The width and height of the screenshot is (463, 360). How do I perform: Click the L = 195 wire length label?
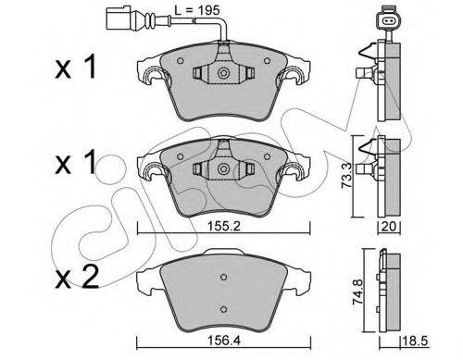point(197,10)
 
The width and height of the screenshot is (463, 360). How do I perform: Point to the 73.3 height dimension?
point(345,176)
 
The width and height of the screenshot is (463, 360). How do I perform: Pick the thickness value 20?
point(389,227)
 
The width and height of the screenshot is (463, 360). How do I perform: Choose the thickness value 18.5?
point(415,341)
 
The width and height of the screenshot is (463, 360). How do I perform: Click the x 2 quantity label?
point(77,277)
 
